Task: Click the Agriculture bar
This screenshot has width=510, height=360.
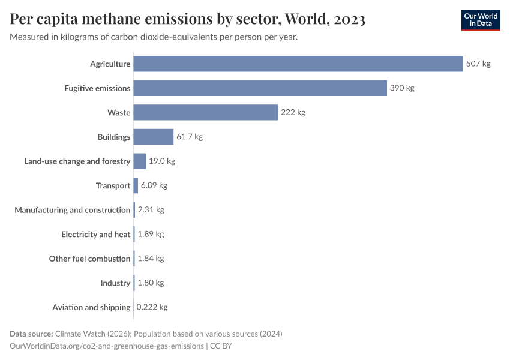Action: [x=298, y=64]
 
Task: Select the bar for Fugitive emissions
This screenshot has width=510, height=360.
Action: [x=260, y=88]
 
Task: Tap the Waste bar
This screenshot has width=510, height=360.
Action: [x=205, y=112]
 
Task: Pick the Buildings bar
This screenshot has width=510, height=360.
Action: [x=153, y=137]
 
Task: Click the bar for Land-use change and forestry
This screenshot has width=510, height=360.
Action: [x=139, y=161]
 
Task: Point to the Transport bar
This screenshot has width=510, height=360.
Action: [x=136, y=185]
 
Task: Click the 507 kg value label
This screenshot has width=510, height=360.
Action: [x=478, y=64]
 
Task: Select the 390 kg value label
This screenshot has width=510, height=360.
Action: [x=402, y=88]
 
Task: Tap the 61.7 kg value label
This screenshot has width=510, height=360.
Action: [x=190, y=137]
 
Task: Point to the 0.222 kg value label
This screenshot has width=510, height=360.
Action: [x=152, y=307]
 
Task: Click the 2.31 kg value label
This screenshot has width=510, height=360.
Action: [x=151, y=210]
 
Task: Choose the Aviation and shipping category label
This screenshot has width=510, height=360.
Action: [x=91, y=307]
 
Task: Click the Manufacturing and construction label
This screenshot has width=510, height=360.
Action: [x=72, y=210]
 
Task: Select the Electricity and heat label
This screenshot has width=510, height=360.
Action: [x=95, y=234]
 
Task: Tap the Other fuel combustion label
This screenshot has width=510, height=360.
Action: [x=89, y=259]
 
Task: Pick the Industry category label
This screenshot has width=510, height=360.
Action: [x=115, y=283]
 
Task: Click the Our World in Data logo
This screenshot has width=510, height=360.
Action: [x=480, y=20]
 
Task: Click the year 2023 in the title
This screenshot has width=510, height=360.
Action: [x=346, y=20]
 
